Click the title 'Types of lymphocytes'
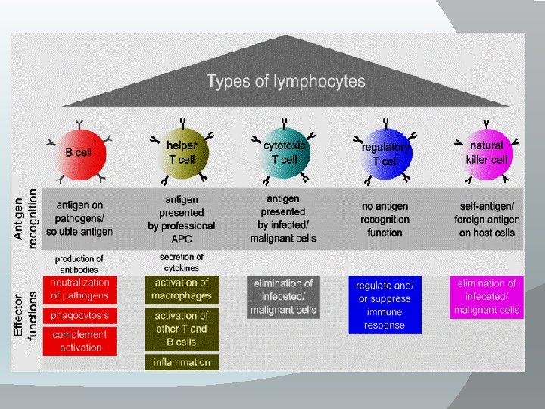coord(286,81)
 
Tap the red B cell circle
coord(79,152)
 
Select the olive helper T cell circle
coord(182,152)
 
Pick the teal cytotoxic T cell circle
coord(284,152)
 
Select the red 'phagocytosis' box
coord(80,314)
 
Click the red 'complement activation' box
coord(80,341)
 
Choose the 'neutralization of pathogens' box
coord(80,289)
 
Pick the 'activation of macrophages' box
coord(182,289)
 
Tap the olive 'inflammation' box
coord(182,362)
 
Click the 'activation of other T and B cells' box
coord(182,329)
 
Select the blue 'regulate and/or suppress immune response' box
coord(385,304)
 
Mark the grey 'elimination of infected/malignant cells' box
coord(283,296)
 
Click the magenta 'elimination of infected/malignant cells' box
coord(486,296)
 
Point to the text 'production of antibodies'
coord(79,264)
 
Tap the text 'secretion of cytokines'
coord(182,262)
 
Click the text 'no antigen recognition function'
coord(385,219)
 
